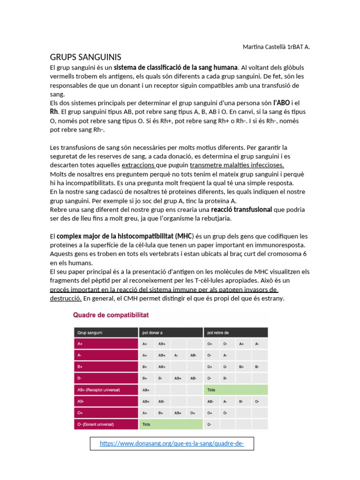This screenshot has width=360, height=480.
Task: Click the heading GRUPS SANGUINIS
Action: [85, 57]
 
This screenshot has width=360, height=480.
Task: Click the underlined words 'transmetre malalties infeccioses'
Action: [237, 165]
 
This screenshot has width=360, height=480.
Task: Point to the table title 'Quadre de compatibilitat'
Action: [111, 315]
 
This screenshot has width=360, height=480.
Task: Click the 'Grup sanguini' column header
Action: [90, 333]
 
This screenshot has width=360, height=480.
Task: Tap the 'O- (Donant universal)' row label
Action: [96, 425]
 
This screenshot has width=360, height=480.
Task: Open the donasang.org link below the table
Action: [172, 443]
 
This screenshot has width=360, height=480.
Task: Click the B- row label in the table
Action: [80, 378]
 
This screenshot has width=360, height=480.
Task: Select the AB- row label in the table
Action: [81, 401]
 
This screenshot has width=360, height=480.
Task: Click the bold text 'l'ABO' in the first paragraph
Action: [281, 103]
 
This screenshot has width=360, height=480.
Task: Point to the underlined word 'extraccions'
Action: [138, 165]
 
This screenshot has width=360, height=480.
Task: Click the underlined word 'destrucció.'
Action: [66, 298]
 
